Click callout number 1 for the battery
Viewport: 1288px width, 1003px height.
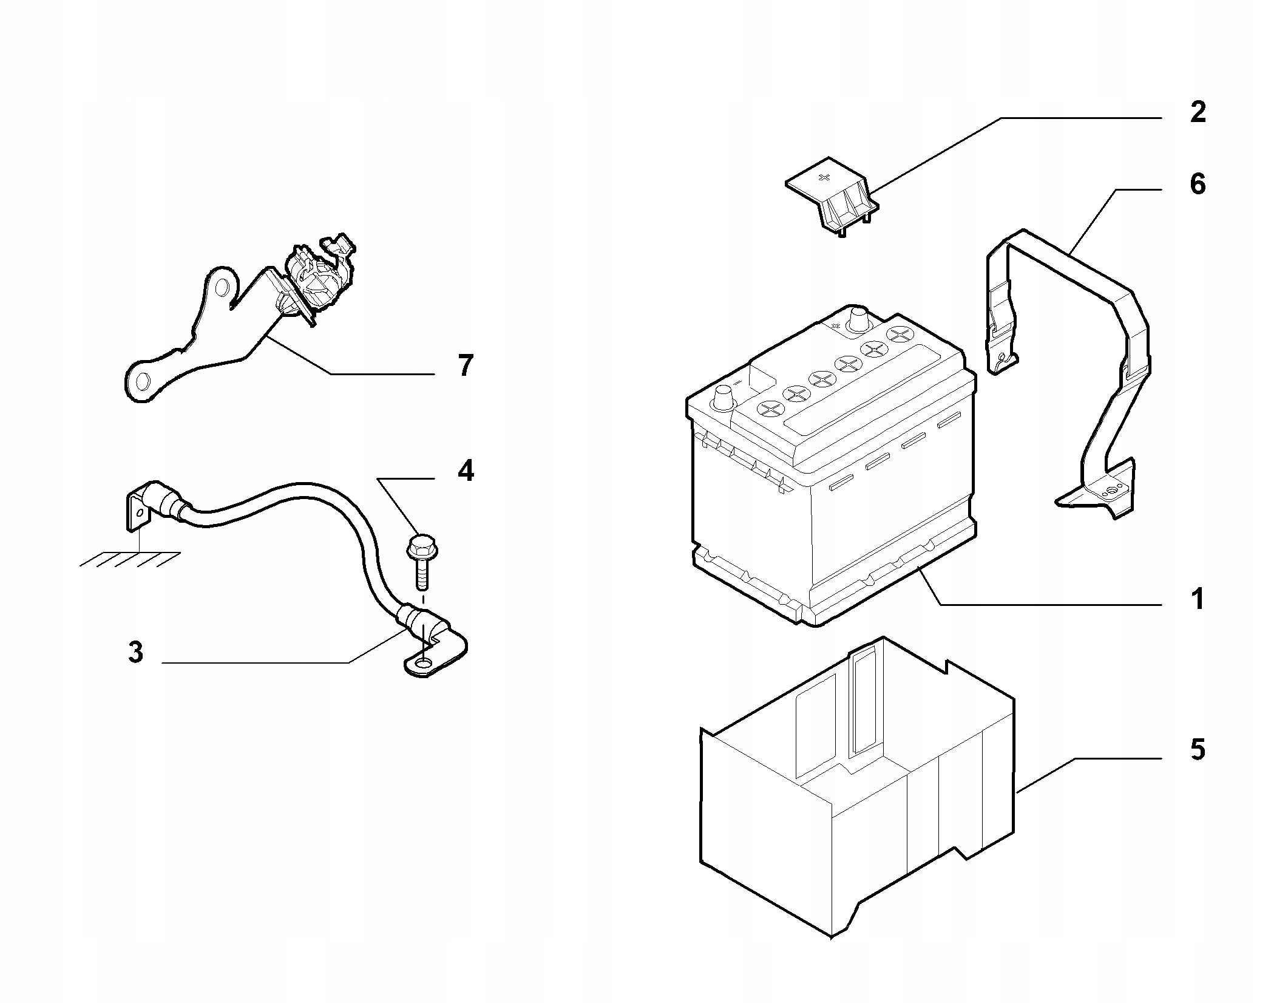pyautogui.click(x=1197, y=599)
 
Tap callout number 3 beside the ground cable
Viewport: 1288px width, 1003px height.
pyautogui.click(x=136, y=653)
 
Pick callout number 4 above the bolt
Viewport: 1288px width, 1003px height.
pyautogui.click(x=465, y=471)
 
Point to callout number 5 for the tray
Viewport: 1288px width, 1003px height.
pyautogui.click(x=1197, y=750)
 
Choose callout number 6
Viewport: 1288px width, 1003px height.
pyautogui.click(x=1197, y=184)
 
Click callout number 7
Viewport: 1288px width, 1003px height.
pyautogui.click(x=465, y=366)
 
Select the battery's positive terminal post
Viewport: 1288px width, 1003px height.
pyautogui.click(x=858, y=320)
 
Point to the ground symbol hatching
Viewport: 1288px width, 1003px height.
pyautogui.click(x=130, y=558)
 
